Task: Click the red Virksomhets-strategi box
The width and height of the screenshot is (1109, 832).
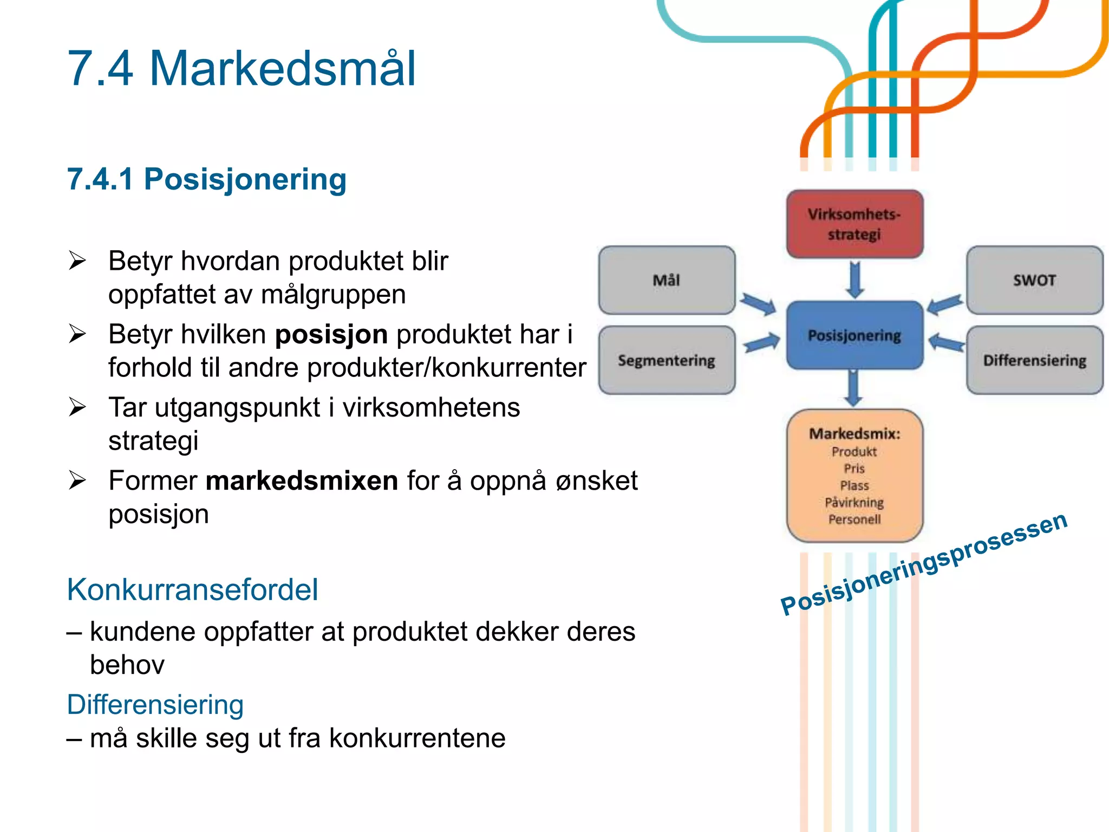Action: [x=854, y=224]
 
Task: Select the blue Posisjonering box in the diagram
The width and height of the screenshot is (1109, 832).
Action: [x=854, y=335]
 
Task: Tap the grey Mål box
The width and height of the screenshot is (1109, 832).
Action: [x=667, y=280]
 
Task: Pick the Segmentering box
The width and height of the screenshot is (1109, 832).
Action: [x=667, y=360]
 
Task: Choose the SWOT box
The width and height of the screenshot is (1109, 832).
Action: [x=1034, y=280]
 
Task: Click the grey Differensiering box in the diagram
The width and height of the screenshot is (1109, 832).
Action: [x=1034, y=360]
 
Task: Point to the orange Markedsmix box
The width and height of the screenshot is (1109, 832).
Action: [x=854, y=476]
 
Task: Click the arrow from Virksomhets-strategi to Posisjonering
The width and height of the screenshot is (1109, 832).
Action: [x=855, y=279]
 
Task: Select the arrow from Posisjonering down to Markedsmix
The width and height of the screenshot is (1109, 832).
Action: [x=853, y=388]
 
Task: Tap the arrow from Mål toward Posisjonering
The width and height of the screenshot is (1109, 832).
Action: [x=758, y=304]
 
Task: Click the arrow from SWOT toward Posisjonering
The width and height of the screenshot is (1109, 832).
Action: [x=945, y=304]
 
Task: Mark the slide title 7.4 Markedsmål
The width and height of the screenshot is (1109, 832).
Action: [x=242, y=68]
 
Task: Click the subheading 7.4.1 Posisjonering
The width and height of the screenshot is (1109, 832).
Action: [x=206, y=179]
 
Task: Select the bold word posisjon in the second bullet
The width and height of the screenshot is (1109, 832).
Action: [x=331, y=334]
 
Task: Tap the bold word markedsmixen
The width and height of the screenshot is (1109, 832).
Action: [x=302, y=480]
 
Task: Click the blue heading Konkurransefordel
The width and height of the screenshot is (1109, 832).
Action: [x=192, y=589]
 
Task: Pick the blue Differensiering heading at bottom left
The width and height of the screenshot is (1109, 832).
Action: [x=155, y=704]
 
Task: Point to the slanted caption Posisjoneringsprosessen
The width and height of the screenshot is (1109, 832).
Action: [x=924, y=563]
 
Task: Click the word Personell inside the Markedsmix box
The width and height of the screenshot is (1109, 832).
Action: [x=854, y=519]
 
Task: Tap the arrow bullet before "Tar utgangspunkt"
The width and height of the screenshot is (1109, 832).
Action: [x=77, y=407]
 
